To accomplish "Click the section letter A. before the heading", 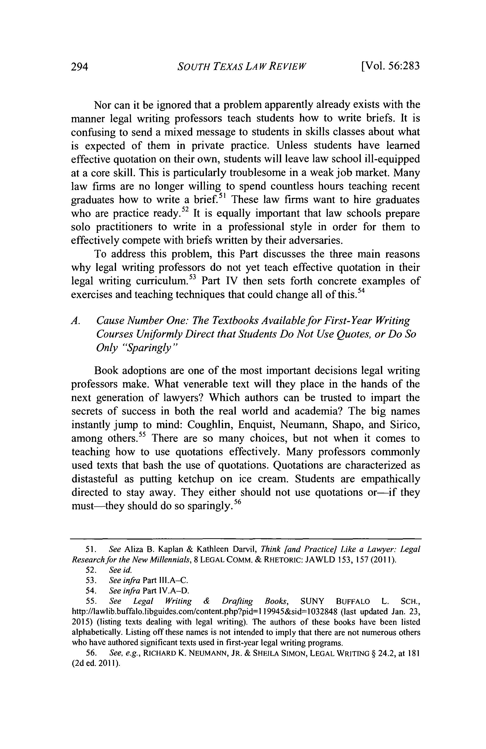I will coord(75,321).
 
